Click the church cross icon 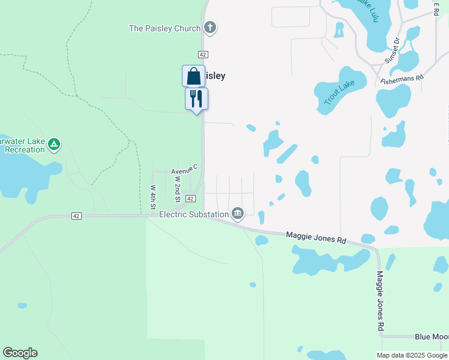pos(210,28)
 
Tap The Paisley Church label pos(165,28)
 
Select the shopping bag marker pos(193,76)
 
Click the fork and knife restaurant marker pos(196,98)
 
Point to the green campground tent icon pos(54,144)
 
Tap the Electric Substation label pos(194,214)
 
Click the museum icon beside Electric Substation pos(238,214)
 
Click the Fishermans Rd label pos(402,78)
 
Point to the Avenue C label pos(184,171)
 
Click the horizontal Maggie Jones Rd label pos(316,238)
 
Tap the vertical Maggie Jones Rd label pos(380,301)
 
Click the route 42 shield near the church pos(203,55)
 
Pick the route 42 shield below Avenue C pos(190,199)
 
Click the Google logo pos(20,353)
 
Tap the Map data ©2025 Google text pos(412,355)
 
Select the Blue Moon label pos(432,337)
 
